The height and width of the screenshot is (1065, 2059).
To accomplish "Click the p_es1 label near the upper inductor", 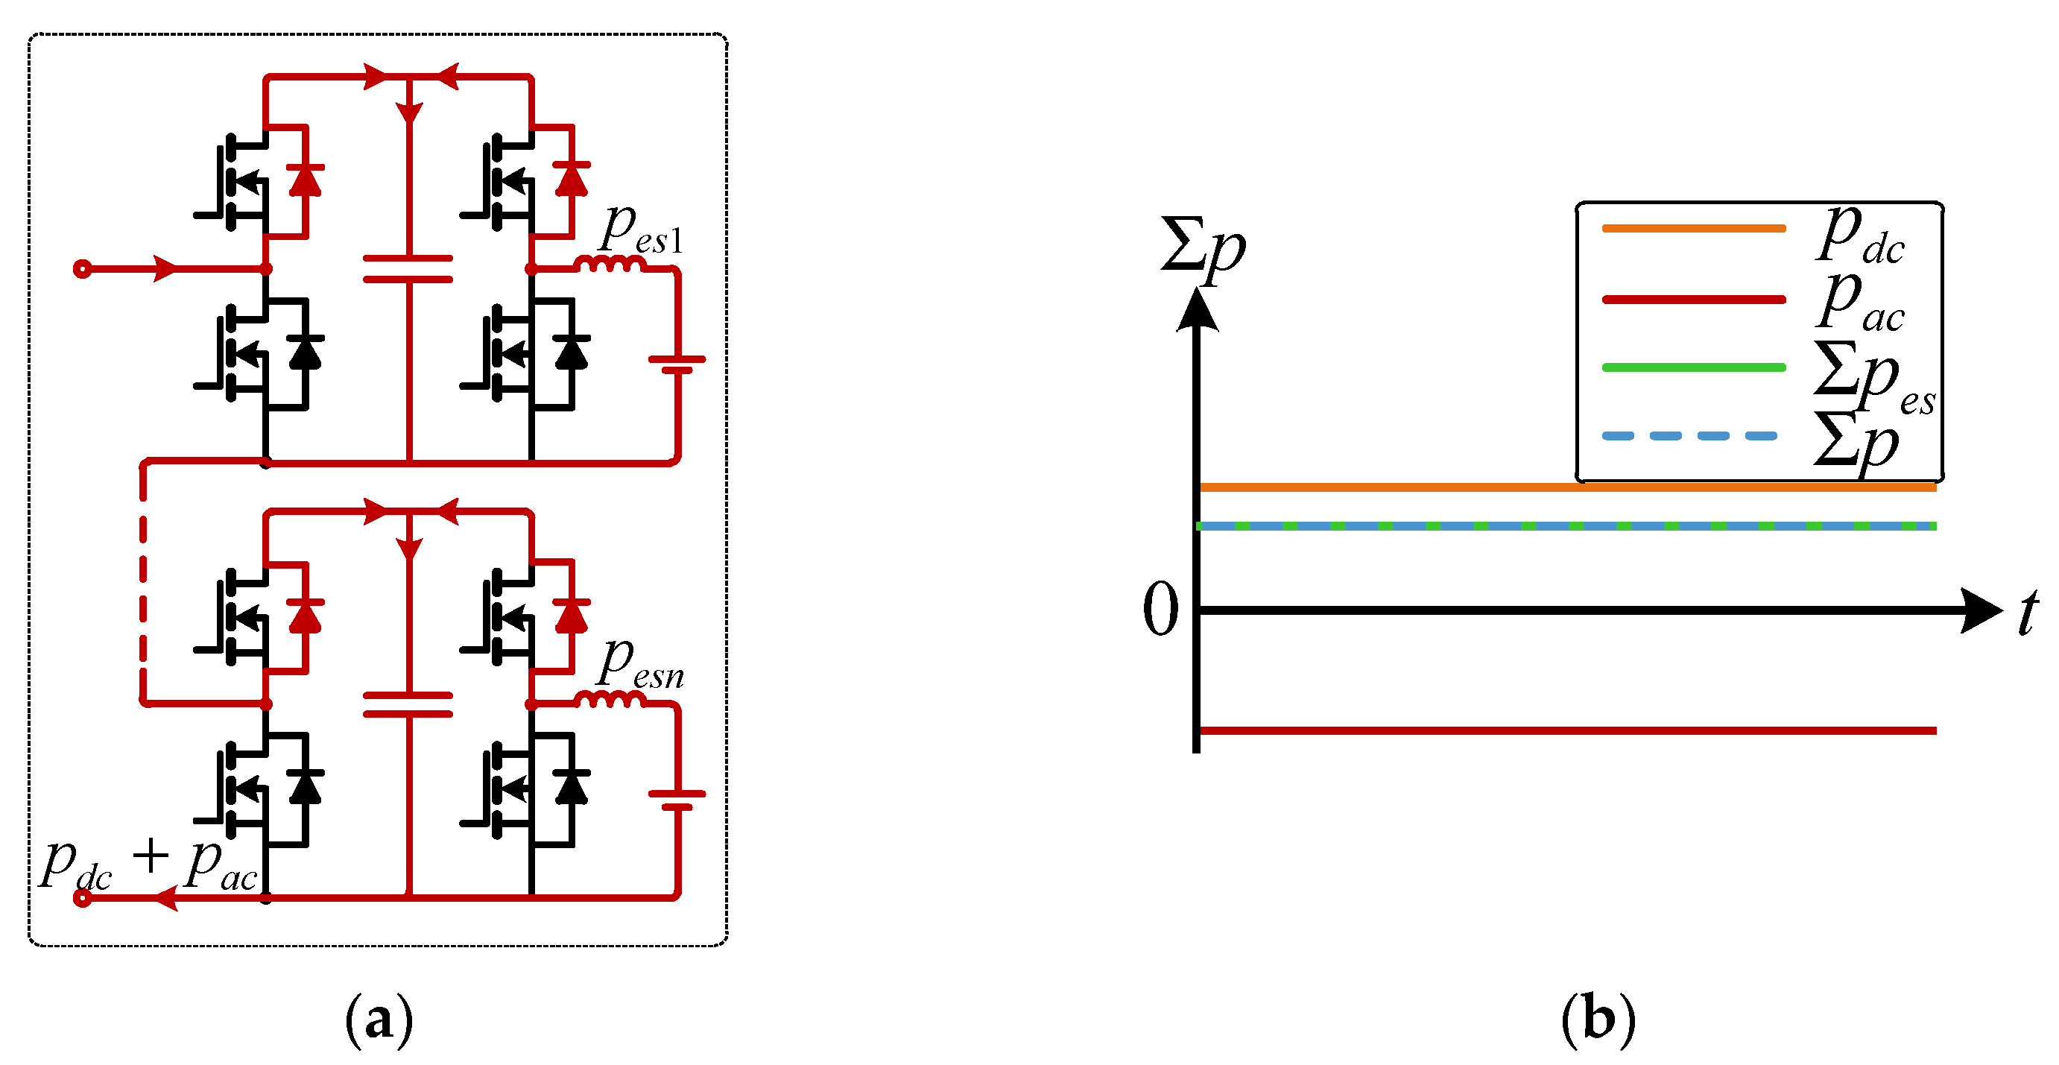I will click(x=642, y=231).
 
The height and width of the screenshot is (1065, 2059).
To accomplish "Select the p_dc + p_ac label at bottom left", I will click(x=150, y=866).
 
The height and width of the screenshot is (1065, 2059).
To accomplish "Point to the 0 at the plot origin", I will click(x=1160, y=610).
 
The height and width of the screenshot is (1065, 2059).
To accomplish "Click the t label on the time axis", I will click(x=2028, y=613).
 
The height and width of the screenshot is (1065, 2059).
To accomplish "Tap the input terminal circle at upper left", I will click(x=81, y=268).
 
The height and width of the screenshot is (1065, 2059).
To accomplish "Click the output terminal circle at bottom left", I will click(x=81, y=899).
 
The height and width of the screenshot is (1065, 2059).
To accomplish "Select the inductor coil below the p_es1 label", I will click(x=610, y=264).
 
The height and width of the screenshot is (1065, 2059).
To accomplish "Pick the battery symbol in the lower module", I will click(x=677, y=800).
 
